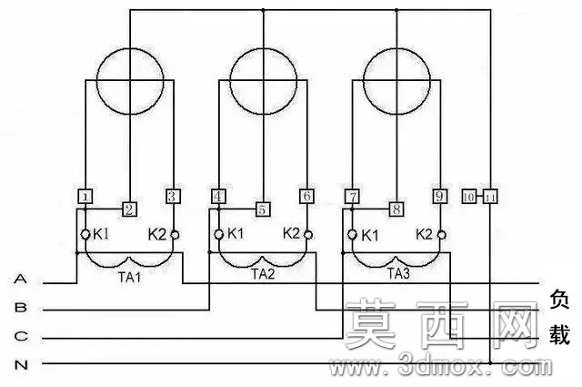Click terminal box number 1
(x=85, y=197)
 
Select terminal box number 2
(x=129, y=209)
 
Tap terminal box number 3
(x=174, y=197)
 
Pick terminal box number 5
(x=263, y=209)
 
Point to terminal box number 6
(x=307, y=197)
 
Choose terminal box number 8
(x=396, y=209)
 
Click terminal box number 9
(x=440, y=197)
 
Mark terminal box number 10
(x=469, y=197)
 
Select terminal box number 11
(x=490, y=197)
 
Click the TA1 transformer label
(x=129, y=278)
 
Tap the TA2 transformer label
(x=263, y=274)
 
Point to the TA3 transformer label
(x=398, y=273)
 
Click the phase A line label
(x=20, y=279)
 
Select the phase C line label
(x=21, y=336)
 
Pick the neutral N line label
(x=21, y=365)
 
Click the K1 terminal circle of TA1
(x=85, y=235)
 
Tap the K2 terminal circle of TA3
(x=441, y=235)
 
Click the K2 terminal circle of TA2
(x=308, y=235)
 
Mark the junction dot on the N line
(x=490, y=362)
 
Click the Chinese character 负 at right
(x=559, y=300)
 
